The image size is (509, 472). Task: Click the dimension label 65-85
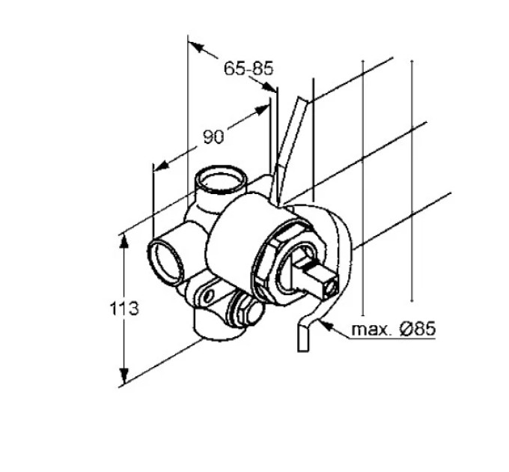point(249,68)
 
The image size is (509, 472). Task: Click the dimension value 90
point(213,137)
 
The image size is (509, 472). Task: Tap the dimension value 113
point(125,309)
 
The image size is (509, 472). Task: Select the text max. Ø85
point(394,329)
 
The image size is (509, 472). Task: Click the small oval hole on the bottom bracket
point(210,295)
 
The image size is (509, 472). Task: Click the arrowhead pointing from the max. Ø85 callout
point(326,325)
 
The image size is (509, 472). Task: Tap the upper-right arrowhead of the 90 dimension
point(261,109)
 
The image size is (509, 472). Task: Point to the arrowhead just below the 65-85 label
point(269,88)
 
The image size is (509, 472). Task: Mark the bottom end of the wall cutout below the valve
point(303,350)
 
